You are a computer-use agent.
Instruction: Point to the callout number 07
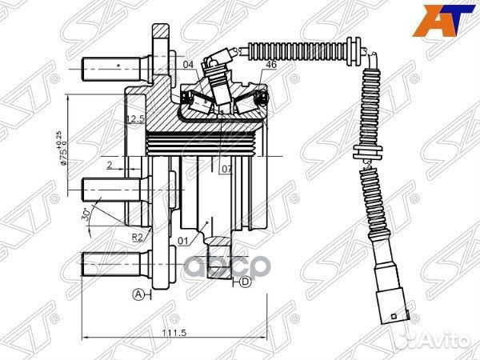click(x=227, y=170)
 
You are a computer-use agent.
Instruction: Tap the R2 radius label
click(x=137, y=237)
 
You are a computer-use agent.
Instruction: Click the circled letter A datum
click(x=138, y=294)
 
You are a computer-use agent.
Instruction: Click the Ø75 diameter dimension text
click(x=63, y=147)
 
